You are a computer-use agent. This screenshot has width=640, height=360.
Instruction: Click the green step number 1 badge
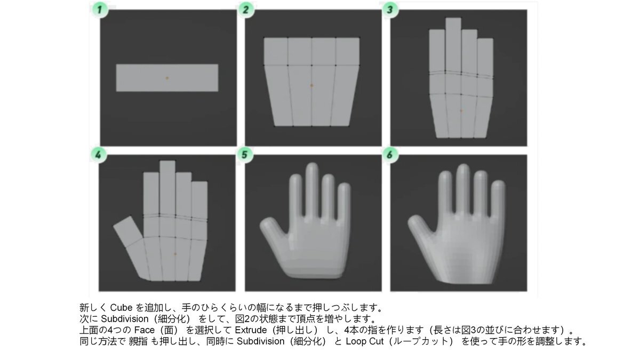pos(99,10)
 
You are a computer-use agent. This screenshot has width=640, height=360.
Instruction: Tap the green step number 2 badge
pos(246,10)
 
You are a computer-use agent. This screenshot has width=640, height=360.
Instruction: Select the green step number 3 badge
pos(390,10)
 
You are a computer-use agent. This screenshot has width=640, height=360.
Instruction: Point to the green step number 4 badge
pos(99,155)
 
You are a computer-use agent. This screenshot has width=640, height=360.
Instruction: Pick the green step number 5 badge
pos(245,155)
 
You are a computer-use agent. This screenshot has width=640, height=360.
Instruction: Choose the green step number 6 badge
pos(390,155)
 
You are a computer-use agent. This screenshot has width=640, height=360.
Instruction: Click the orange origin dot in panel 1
pos(167,78)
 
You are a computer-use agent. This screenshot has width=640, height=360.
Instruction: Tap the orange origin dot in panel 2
pos(311,85)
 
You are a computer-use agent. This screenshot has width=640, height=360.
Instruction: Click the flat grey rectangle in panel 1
pos(167,78)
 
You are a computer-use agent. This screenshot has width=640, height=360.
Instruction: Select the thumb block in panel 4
pos(127,231)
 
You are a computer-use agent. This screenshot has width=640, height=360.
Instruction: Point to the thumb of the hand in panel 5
pos(271,230)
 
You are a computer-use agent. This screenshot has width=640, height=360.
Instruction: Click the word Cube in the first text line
pos(121,308)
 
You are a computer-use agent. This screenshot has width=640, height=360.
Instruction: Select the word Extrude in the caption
pos(251,330)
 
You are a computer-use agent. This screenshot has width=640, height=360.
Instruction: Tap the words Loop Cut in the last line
pos(365,341)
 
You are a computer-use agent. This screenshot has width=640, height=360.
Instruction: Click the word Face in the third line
pos(145,330)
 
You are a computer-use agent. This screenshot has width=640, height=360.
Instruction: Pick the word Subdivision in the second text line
pos(125,319)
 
